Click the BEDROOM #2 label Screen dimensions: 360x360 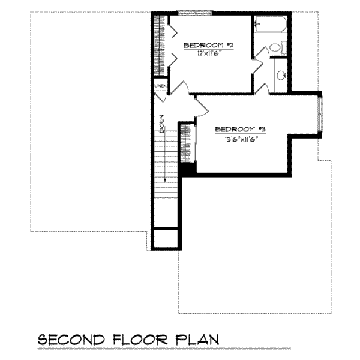point(208,46)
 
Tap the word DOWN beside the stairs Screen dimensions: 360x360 point(162,123)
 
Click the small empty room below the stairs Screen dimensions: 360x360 point(164,239)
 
